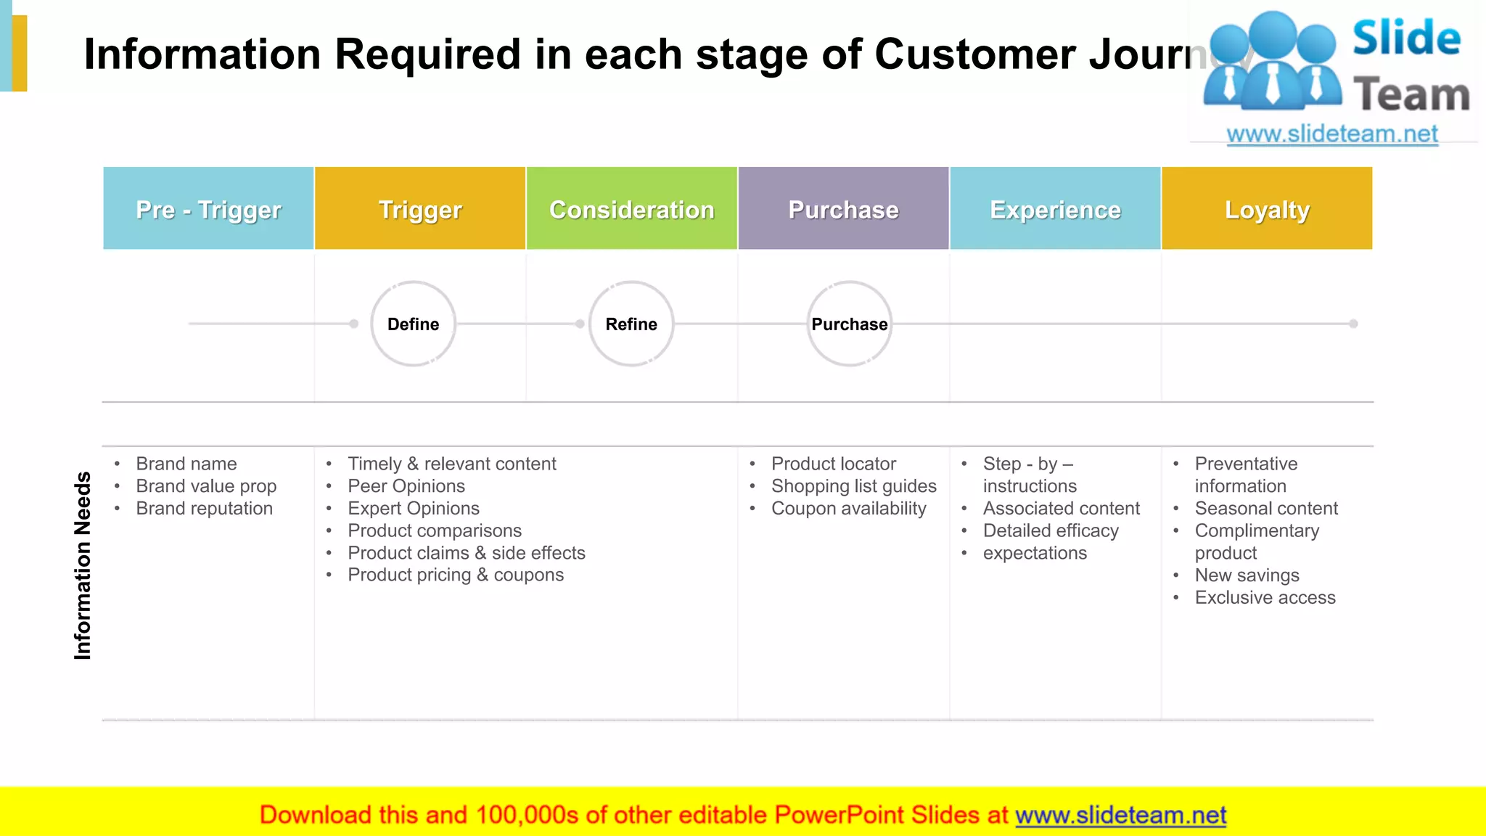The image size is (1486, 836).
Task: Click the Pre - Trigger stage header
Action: pyautogui.click(x=208, y=209)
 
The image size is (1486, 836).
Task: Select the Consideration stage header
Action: pyautogui.click(x=631, y=209)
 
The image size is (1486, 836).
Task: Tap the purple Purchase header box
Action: pyautogui.click(x=843, y=209)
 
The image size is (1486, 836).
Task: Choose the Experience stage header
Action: pyautogui.click(x=1055, y=209)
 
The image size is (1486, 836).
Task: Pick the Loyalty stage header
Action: pyautogui.click(x=1267, y=209)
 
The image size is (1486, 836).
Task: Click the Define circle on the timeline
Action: pyautogui.click(x=413, y=324)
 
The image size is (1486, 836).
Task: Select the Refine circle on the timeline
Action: pyautogui.click(x=631, y=324)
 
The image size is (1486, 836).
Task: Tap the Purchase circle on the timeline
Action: pyautogui.click(x=849, y=324)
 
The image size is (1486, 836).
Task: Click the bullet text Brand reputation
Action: pyautogui.click(x=204, y=509)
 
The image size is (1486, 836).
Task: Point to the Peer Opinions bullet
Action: pyautogui.click(x=406, y=486)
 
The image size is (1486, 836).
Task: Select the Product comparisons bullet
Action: pyautogui.click(x=434, y=531)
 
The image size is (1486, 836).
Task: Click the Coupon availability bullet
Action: pyautogui.click(x=848, y=509)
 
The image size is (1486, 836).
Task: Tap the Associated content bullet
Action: pyautogui.click(x=1061, y=509)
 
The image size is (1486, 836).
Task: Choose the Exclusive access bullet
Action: pyautogui.click(x=1265, y=598)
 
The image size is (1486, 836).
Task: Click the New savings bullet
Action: pyautogui.click(x=1247, y=575)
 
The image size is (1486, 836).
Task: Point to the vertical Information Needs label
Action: pyautogui.click(x=83, y=566)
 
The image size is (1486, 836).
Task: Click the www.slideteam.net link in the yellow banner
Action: pyautogui.click(x=1120, y=815)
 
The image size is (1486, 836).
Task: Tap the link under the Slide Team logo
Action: pyautogui.click(x=1331, y=134)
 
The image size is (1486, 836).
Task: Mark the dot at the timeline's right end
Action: pyautogui.click(x=1353, y=324)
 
